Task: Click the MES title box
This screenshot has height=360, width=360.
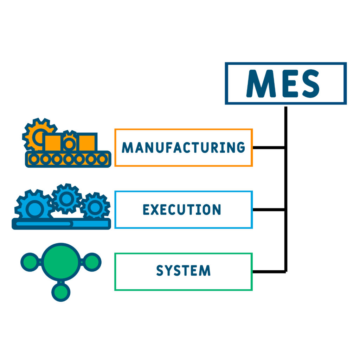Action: tap(285, 83)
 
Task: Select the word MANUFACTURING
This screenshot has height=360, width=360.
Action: tap(183, 147)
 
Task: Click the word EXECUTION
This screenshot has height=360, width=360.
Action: tap(182, 210)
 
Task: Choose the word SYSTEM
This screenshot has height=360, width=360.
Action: tap(183, 271)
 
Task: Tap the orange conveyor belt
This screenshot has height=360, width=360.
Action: tap(68, 159)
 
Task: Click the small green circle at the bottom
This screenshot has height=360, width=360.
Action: tap(61, 291)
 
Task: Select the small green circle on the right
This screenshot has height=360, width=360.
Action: tap(92, 262)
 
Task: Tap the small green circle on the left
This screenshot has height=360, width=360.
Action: tap(30, 262)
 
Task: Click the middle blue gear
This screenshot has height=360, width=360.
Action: tap(66, 199)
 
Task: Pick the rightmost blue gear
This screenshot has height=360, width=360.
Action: tap(95, 207)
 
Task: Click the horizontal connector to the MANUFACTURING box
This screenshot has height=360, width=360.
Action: tap(269, 147)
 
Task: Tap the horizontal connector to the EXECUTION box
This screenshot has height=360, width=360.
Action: tap(269, 210)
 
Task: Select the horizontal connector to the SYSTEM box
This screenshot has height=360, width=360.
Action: tap(269, 271)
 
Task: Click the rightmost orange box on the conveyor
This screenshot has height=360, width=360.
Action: tap(86, 142)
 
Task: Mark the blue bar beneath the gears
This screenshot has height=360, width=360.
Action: tap(61, 224)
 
